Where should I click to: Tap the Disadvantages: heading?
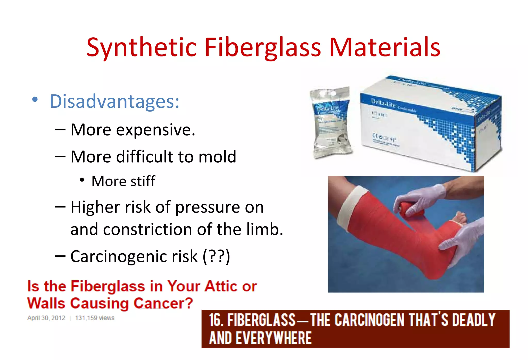[114, 102]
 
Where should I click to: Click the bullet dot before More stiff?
[82, 180]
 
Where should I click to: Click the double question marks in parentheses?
[216, 256]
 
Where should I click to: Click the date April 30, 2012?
[46, 318]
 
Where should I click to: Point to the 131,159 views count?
[95, 318]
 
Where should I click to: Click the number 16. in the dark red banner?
[216, 320]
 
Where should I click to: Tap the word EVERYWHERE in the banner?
[274, 338]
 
